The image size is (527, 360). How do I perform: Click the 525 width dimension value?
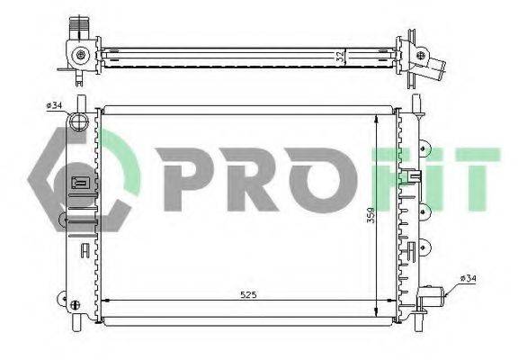(248, 295)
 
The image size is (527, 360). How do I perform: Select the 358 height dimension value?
(371, 215)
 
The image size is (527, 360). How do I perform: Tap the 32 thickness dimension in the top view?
(341, 57)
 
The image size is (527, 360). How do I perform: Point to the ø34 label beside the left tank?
(54, 105)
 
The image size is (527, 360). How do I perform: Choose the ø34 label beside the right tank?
(469, 279)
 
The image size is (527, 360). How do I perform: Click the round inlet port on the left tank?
(78, 121)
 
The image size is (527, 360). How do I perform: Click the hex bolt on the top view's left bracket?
(81, 55)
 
